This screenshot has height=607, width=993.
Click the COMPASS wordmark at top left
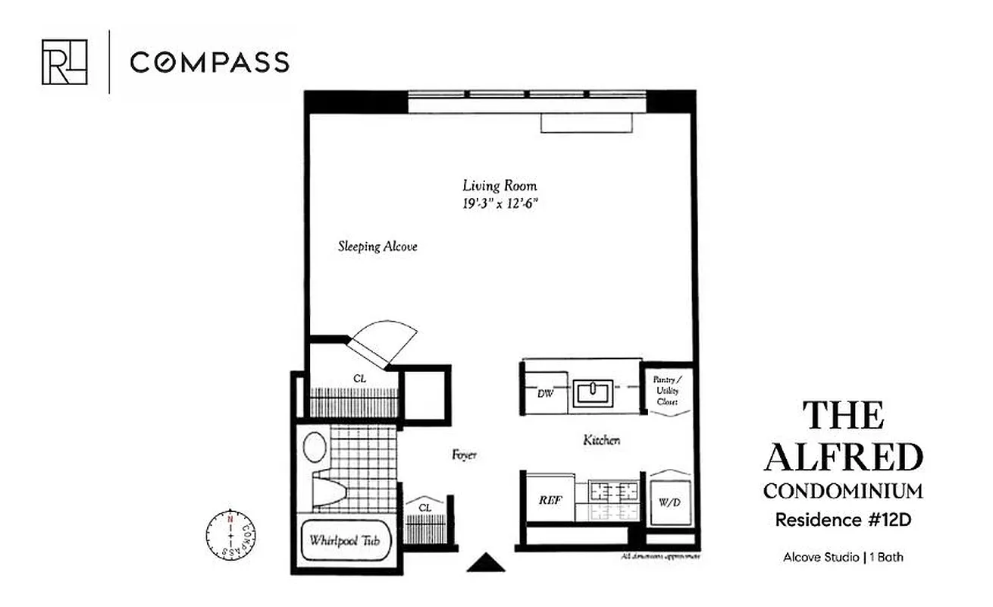(x=209, y=62)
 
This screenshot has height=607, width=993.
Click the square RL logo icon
(x=64, y=61)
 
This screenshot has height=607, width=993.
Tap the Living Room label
(x=500, y=185)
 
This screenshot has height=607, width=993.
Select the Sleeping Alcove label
(x=377, y=247)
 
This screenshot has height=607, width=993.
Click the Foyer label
(x=464, y=454)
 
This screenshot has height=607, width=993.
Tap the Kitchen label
(x=602, y=440)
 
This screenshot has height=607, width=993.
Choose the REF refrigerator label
(x=551, y=501)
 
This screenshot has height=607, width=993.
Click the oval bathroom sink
(x=315, y=447)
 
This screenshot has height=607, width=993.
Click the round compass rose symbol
(x=230, y=533)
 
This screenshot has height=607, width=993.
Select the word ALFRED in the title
(x=843, y=458)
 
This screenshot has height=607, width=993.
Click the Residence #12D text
(x=843, y=521)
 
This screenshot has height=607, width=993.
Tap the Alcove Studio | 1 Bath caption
(x=843, y=558)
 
